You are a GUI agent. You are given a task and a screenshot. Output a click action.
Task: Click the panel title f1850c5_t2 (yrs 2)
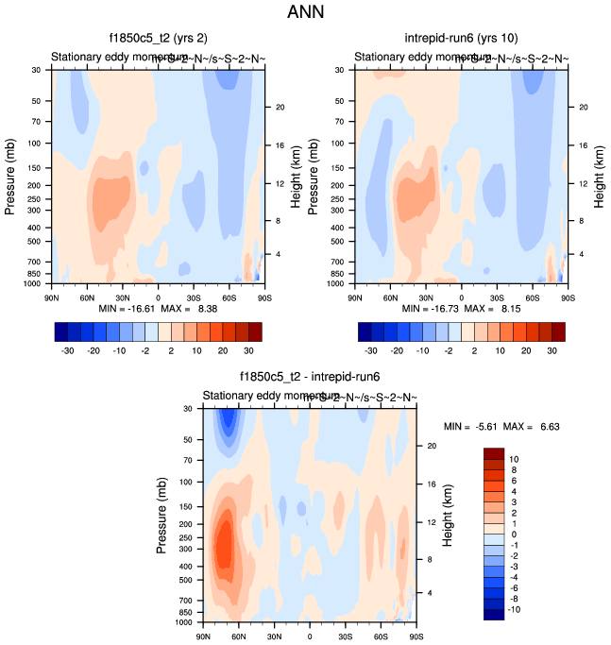(158, 38)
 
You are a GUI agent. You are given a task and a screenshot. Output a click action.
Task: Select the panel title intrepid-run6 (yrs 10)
(461, 38)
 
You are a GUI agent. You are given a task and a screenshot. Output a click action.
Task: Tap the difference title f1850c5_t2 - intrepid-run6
(310, 376)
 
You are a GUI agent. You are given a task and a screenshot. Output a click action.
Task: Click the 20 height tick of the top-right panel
(584, 108)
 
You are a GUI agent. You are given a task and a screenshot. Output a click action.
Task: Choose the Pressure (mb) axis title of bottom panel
(162, 516)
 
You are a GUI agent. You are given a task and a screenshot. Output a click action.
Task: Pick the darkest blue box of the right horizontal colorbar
(365, 331)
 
